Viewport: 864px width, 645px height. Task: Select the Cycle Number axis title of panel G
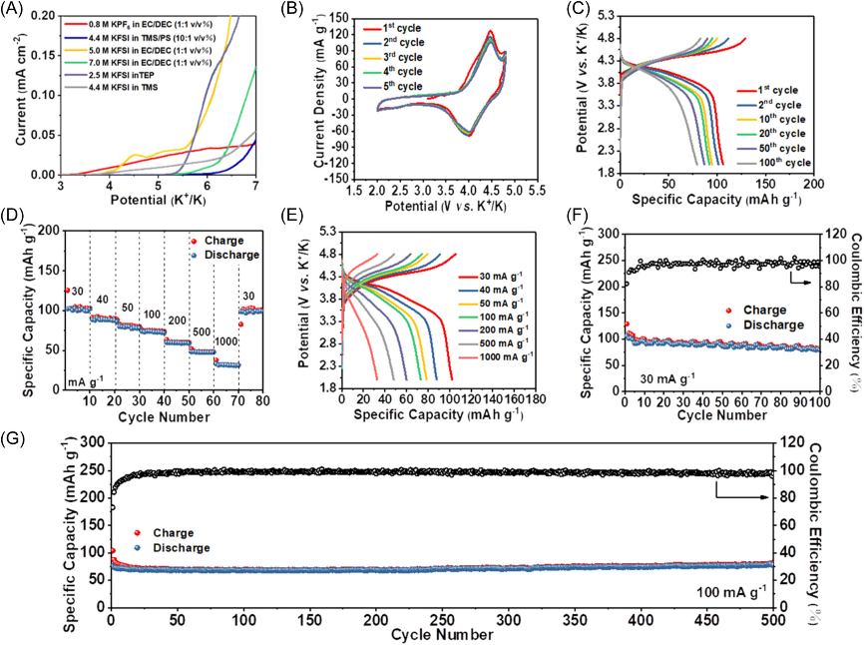point(442,635)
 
